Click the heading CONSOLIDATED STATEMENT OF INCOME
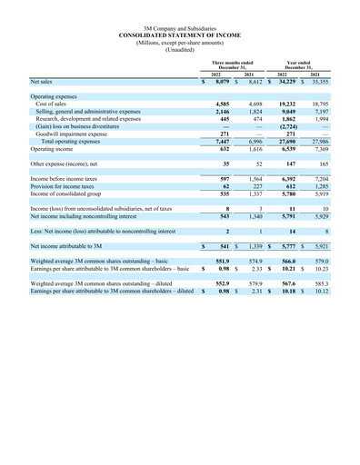tap(180, 35)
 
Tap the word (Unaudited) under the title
tap(180, 50)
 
